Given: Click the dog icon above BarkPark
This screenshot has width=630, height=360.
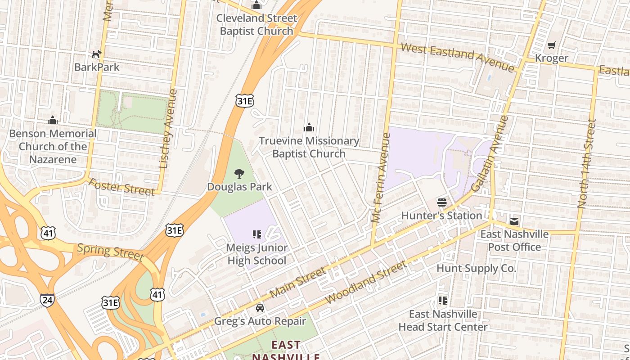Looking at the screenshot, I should coord(96,54).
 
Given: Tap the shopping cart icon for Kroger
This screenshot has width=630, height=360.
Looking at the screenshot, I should coord(551,45).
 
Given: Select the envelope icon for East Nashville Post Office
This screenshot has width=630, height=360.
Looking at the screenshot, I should coord(514,221).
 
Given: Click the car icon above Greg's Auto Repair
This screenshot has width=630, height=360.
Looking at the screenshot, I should coord(260,308).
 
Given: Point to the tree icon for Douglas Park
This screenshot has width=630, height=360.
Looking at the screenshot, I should coord(239,173).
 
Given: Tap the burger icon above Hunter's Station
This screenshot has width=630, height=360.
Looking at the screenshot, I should coord(441,202).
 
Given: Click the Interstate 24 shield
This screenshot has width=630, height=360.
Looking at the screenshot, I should coord(47,299).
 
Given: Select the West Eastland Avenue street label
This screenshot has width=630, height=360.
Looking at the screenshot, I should coord(457,57).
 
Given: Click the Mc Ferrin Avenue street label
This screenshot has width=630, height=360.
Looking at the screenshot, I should coord(380,178).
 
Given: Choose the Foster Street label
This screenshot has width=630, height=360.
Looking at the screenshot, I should coord(121,187).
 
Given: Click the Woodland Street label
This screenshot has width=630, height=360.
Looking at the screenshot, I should coord(365,282).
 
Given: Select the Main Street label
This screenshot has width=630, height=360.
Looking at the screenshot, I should coord(298,283).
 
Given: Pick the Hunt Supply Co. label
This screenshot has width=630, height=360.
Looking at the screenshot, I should coord(476,269).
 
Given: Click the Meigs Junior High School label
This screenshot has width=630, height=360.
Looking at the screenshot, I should coord(256,254).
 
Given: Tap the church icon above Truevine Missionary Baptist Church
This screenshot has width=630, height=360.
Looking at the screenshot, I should coord(309,128).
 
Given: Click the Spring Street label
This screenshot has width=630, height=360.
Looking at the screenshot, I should coord(110,252).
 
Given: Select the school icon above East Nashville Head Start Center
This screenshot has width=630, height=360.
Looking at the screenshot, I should coord(442,300).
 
